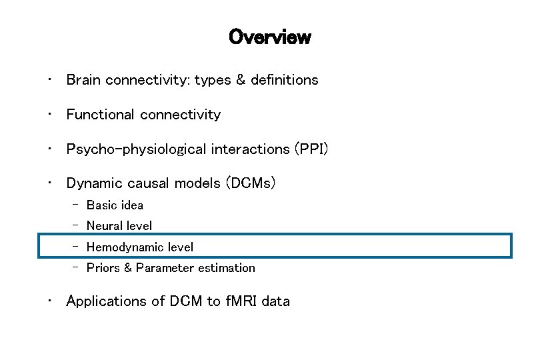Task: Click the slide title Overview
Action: [269, 37]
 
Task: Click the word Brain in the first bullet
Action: [83, 80]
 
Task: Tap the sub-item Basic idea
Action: [115, 205]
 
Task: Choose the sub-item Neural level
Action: [119, 226]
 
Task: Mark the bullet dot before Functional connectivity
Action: [49, 115]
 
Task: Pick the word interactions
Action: [250, 149]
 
